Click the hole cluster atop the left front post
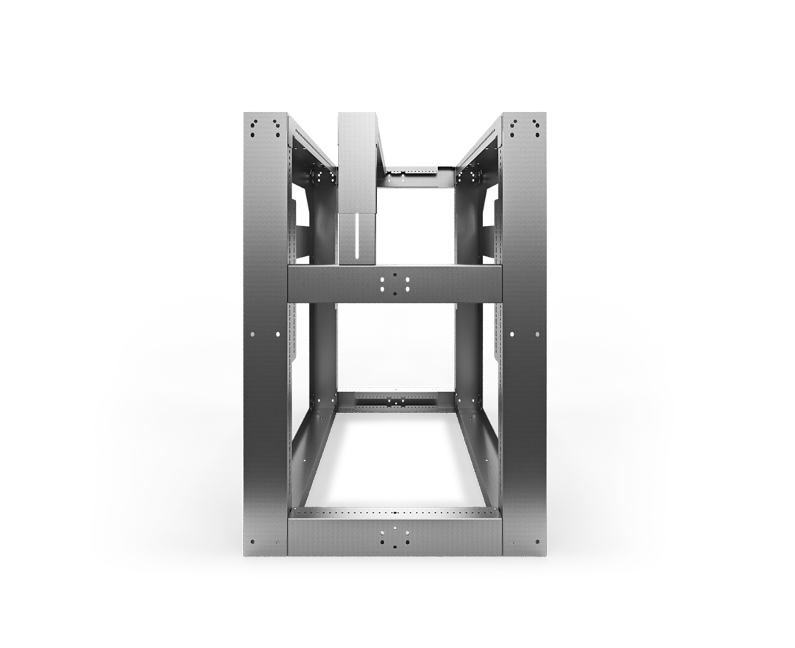click(265, 127)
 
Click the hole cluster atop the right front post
click(524, 127)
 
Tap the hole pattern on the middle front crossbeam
click(395, 284)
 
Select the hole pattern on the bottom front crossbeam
click(395, 538)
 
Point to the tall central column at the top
click(357, 162)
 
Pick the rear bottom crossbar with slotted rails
click(395, 401)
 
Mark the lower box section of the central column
click(357, 237)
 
